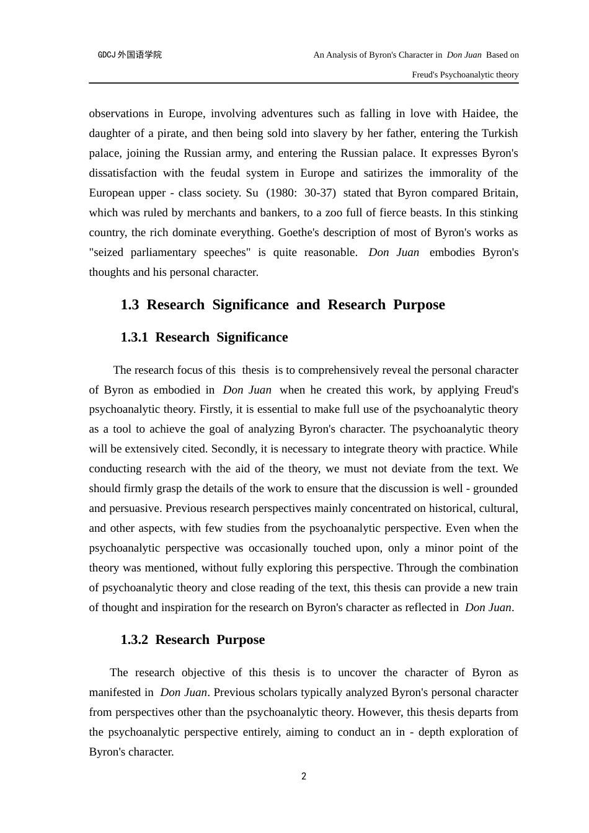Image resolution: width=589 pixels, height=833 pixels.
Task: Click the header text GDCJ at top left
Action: pyautogui.click(x=107, y=55)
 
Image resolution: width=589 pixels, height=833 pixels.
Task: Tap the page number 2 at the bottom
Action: pyautogui.click(x=304, y=777)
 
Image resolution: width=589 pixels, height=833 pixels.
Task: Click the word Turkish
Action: pyautogui.click(x=498, y=133)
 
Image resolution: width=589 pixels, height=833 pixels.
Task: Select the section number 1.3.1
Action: pyautogui.click(x=135, y=337)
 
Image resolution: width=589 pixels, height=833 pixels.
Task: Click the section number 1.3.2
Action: pyautogui.click(x=135, y=640)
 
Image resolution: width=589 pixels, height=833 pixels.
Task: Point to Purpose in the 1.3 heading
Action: pyautogui.click(x=419, y=305)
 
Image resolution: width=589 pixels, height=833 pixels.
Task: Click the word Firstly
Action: pyautogui.click(x=214, y=409)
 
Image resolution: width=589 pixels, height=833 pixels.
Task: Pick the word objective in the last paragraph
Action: pyautogui.click(x=203, y=672)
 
